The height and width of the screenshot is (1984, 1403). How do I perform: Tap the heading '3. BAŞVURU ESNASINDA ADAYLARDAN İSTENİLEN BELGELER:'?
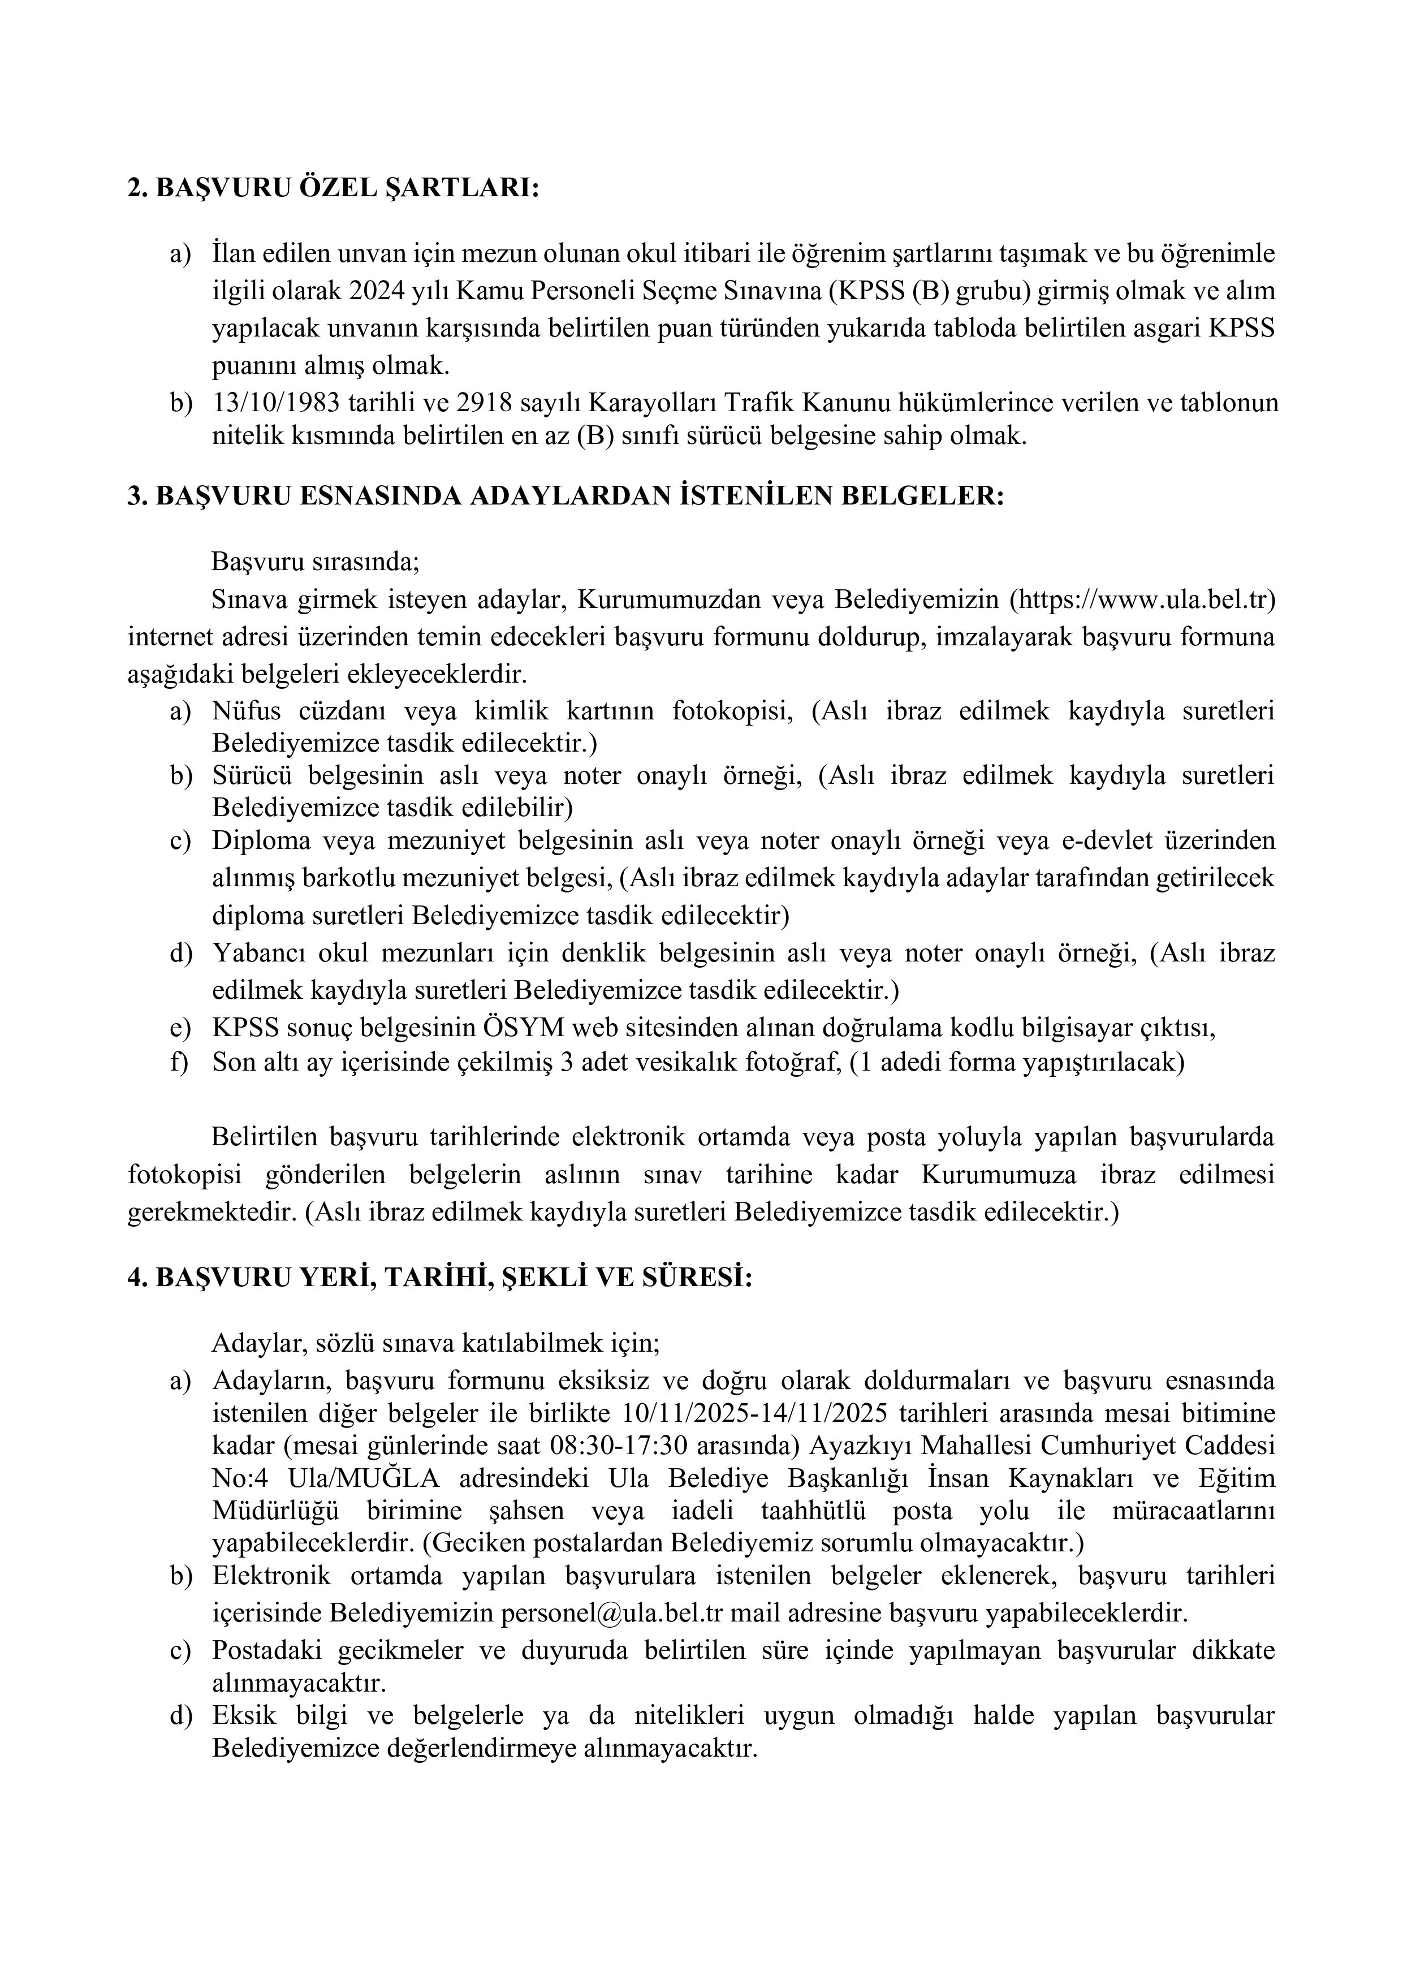[566, 497]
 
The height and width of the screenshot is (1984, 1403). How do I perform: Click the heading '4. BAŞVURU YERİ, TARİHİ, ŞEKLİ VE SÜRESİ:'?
[440, 1278]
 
